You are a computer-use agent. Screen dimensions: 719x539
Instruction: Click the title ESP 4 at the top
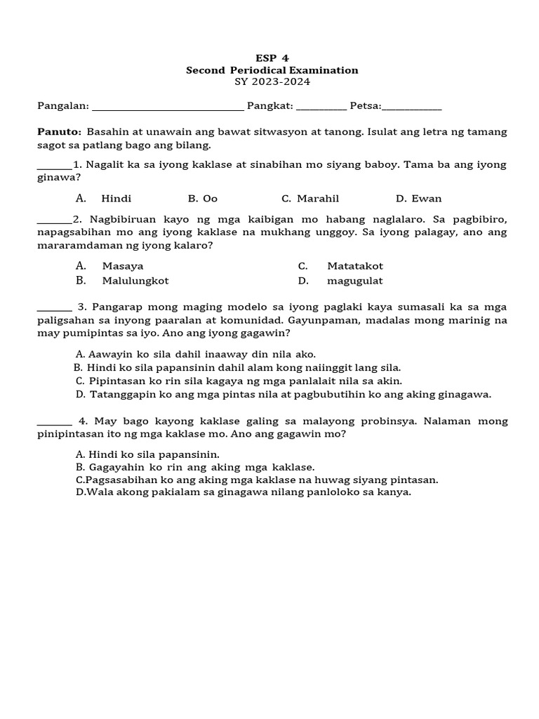pos(272,58)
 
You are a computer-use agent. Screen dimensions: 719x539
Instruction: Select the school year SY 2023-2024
pos(272,81)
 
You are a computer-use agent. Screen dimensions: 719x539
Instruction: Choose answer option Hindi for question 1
pos(116,199)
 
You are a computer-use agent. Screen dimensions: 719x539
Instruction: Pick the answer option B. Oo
pos(203,199)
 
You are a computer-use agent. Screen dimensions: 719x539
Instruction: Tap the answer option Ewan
pos(427,199)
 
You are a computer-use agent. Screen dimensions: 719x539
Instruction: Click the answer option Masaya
pos(117,266)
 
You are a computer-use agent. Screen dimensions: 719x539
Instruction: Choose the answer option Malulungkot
pos(135,281)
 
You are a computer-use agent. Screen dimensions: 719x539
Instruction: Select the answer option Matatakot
pos(355,266)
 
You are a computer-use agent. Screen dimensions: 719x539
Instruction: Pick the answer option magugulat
pos(355,281)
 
